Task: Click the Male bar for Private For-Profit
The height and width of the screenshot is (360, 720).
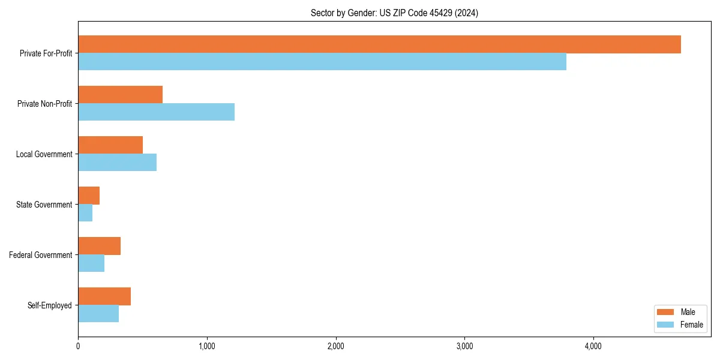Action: tap(379, 44)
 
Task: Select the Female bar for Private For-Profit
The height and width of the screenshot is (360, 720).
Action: tap(322, 62)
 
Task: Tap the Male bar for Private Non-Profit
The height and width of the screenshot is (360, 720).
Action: tap(120, 95)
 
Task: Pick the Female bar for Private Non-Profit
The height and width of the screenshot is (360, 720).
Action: tap(156, 112)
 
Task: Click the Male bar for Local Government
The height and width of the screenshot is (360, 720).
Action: tap(110, 145)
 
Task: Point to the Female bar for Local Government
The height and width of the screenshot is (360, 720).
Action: tap(117, 163)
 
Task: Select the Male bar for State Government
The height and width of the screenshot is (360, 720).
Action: tap(89, 196)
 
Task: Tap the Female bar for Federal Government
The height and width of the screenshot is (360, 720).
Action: tap(91, 263)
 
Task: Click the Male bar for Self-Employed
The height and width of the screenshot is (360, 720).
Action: tap(104, 296)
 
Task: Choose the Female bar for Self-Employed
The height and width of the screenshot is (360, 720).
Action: tap(98, 314)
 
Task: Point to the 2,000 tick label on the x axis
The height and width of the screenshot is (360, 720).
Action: tap(336, 346)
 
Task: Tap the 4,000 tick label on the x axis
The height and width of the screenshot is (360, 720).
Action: tap(593, 346)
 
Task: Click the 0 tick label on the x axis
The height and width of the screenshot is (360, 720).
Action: tap(78, 346)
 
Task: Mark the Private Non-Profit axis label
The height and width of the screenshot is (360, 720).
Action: tap(44, 104)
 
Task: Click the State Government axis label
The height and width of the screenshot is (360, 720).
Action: tap(44, 205)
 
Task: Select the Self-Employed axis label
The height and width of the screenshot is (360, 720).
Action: tap(49, 305)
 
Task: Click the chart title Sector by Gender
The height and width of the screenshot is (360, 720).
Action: tap(394, 13)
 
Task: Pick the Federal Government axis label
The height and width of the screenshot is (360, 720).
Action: tap(41, 255)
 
